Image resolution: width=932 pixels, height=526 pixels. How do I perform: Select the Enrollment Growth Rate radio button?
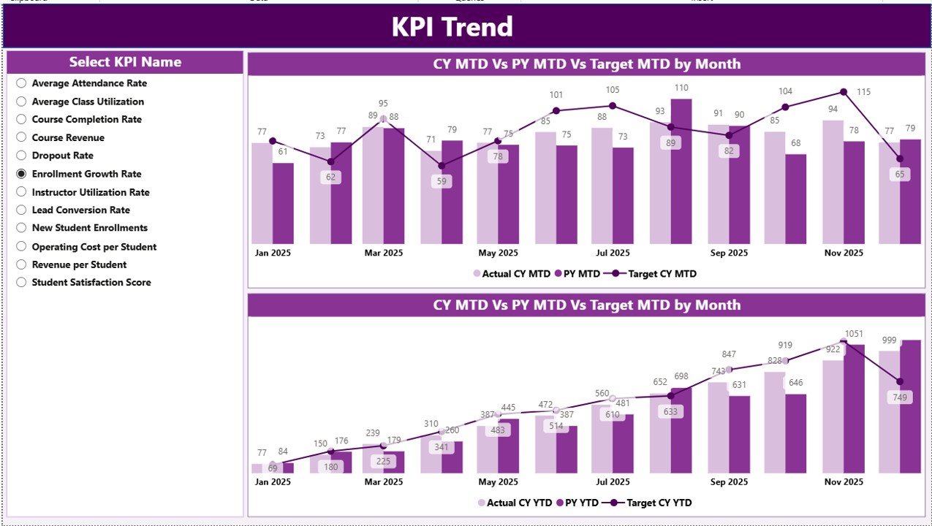point(21,174)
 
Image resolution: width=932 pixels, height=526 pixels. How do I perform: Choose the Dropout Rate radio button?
point(21,156)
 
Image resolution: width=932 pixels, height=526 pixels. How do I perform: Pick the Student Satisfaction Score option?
point(21,283)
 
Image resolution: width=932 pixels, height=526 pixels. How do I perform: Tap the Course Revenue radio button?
point(21,138)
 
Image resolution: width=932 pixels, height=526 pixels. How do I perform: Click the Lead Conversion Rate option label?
point(80,210)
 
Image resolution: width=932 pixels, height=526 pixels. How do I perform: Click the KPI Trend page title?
point(452,27)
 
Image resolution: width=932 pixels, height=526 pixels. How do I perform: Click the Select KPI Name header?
point(125,62)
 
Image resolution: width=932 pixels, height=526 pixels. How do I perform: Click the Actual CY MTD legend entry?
point(512,274)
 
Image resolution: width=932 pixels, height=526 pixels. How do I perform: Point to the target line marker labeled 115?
point(843,92)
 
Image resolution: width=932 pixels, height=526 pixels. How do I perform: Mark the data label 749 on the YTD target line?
point(899,397)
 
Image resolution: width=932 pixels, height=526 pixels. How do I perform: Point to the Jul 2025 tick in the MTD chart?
point(613,254)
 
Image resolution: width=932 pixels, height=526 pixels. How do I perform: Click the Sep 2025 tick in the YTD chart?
point(728,482)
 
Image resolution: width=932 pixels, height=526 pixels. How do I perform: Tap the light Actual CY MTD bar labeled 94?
point(833,183)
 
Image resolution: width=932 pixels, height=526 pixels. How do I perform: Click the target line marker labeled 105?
point(613,105)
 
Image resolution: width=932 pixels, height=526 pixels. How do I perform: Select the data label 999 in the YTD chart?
point(889,340)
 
